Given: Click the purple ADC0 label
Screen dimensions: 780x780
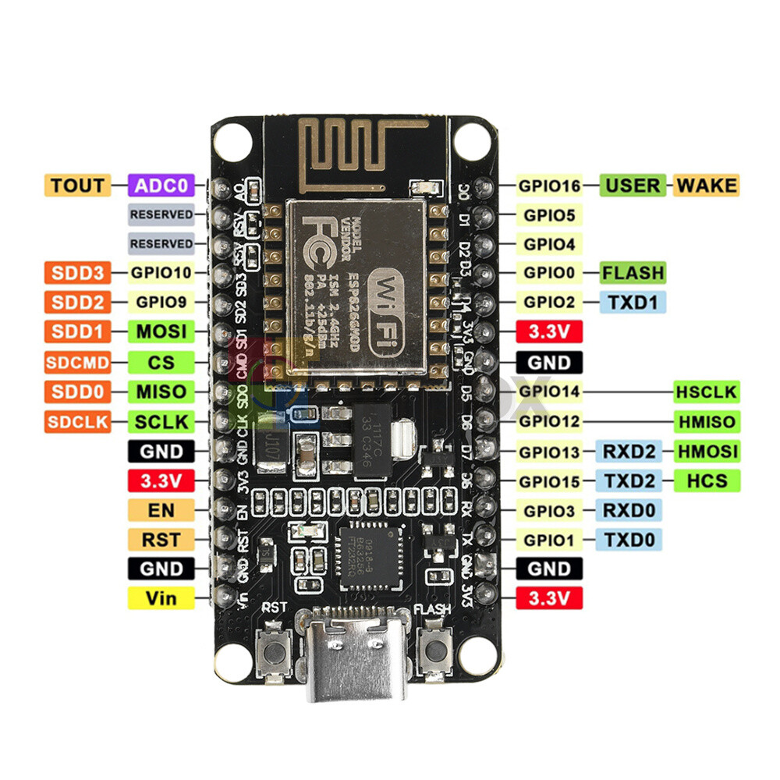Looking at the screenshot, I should [x=161, y=186].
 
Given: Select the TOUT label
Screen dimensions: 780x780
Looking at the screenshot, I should [x=77, y=186].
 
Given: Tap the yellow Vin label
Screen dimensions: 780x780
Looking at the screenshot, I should [x=161, y=598].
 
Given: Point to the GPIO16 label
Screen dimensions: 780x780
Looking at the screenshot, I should [x=549, y=186].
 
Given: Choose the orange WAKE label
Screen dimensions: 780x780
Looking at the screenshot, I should [x=705, y=186].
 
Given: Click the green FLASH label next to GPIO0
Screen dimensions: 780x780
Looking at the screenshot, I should [x=633, y=273].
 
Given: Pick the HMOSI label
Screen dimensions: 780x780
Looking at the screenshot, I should [x=707, y=451].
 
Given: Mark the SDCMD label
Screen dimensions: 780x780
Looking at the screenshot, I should [x=77, y=362].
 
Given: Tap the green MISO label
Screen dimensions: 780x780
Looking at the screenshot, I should [x=161, y=392].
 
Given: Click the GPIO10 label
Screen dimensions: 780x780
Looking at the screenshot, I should [x=161, y=273].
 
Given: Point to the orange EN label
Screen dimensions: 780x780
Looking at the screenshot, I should [x=161, y=510].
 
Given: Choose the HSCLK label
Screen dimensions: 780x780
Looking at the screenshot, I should [x=707, y=392].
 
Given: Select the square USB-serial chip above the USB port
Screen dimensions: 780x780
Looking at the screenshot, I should [x=367, y=551].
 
